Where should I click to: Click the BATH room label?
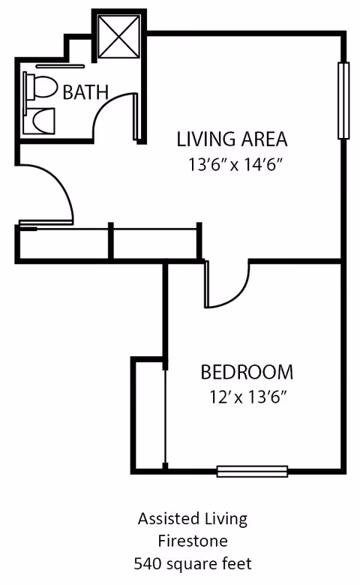click(85, 92)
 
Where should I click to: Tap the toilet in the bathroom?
click(42, 88)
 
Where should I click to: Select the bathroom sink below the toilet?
click(39, 121)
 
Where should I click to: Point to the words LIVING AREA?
click(232, 139)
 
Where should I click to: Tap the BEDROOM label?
click(247, 372)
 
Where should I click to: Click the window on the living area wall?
click(343, 100)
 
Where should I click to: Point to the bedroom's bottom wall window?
click(252, 471)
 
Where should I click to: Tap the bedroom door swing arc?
click(229, 289)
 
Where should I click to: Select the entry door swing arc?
click(52, 191)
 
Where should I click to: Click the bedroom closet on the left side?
click(148, 416)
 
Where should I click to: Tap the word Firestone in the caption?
click(191, 540)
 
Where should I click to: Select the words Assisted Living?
click(192, 518)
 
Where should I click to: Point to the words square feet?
click(208, 562)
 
